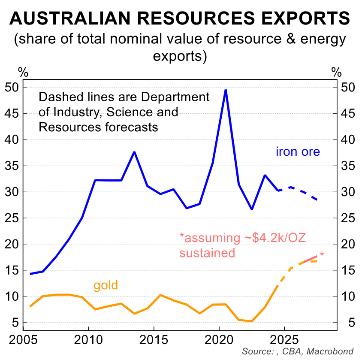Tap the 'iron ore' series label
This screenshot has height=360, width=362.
[298, 151]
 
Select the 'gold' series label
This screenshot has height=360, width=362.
[106, 285]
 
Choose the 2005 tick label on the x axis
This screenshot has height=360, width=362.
[23, 342]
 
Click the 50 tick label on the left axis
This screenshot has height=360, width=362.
[12, 88]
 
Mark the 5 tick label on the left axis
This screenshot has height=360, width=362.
[15, 323]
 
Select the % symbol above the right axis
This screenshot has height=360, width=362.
[338, 71]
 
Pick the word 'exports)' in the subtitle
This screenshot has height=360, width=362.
[180, 56]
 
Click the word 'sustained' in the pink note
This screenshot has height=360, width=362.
[207, 253]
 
